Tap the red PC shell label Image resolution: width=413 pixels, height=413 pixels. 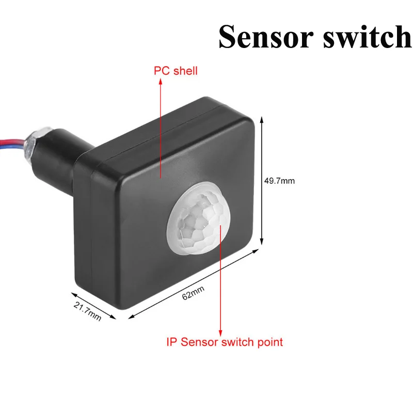coord(176,71)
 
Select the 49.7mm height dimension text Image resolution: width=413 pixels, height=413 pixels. coord(279,181)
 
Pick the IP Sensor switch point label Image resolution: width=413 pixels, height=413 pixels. coord(225,342)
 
